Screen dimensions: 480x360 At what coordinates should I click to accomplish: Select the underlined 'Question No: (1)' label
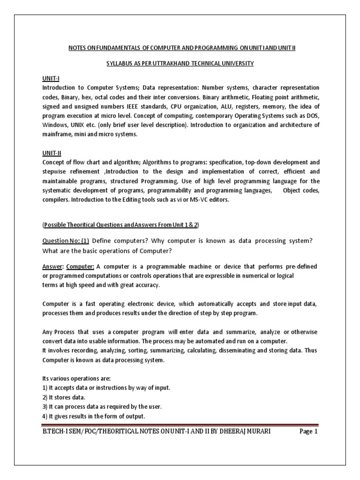[66, 240]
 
